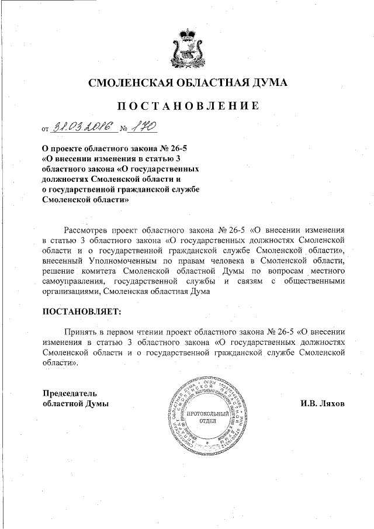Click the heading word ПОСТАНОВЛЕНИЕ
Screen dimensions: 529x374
[187, 106]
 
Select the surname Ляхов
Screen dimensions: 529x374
[332, 403]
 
